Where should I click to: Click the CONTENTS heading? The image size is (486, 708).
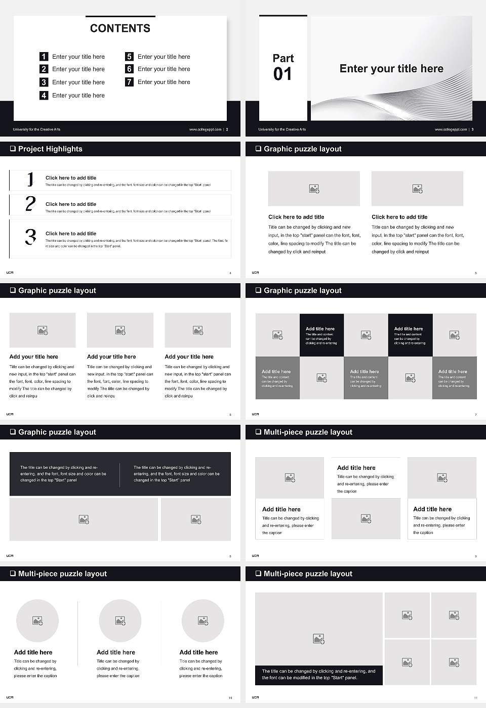coord(120,28)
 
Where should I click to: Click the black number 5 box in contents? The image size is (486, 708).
coord(129,57)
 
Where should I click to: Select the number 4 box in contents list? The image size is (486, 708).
coord(44,95)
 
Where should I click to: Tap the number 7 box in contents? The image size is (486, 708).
coord(129,82)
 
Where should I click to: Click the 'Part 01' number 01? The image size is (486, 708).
coord(282,74)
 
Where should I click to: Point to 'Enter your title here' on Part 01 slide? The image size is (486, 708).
coord(391,69)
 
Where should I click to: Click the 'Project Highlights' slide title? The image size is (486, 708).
coord(50,149)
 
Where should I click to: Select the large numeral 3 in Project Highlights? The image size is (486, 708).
coord(31,237)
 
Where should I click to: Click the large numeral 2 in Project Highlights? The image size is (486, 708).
coord(30,204)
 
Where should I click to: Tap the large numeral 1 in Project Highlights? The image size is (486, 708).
coord(30,179)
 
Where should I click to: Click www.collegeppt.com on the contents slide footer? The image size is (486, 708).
coord(205,129)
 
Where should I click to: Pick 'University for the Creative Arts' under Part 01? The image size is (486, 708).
coord(282,129)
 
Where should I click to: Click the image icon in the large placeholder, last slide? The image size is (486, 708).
coord(318,639)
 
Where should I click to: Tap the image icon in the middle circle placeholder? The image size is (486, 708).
coord(120,621)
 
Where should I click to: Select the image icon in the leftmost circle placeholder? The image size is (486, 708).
coord(37,621)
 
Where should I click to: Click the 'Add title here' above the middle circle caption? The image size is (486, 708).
coord(116,652)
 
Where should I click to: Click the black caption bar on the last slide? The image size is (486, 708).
coord(318,675)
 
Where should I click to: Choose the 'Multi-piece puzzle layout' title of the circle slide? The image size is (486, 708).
coord(62,573)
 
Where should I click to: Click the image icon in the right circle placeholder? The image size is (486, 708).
coord(202,621)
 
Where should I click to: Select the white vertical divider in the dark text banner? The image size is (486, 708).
coord(120,474)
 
